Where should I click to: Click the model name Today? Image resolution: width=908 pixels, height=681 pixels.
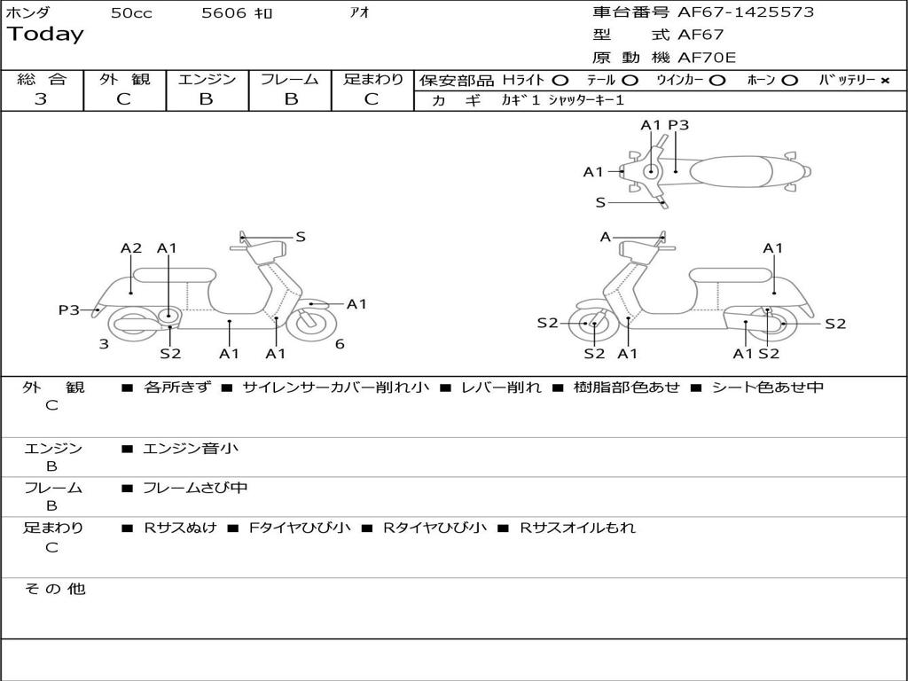pos(45,35)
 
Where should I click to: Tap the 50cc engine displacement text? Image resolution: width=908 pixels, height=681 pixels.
pos(131,12)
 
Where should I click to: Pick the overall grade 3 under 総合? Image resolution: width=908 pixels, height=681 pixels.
pos(41,99)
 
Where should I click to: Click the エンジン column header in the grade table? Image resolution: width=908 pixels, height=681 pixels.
pos(207,79)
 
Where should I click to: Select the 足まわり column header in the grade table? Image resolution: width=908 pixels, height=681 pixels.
pos(373,79)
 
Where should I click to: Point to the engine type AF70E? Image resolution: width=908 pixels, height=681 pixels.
pos(707,58)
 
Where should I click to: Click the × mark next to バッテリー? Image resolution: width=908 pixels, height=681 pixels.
pos(884,81)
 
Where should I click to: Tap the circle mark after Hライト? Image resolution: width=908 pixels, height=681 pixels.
pos(560,81)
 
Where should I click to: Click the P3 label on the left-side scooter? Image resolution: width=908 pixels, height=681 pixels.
pos(69,309)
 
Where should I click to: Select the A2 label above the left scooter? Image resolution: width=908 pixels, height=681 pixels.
pos(131,248)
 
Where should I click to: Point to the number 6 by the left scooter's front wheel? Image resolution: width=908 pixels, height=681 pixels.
pos(340,344)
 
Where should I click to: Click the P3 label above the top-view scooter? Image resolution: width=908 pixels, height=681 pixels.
pos(678,125)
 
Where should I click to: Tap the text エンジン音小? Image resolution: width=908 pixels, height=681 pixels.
pos(191,449)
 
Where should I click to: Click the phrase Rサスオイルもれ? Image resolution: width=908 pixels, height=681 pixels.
pos(577,528)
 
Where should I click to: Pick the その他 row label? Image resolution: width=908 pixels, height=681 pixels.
pos(55,589)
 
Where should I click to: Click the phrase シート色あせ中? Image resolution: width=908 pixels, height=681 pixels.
pos(768,387)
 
